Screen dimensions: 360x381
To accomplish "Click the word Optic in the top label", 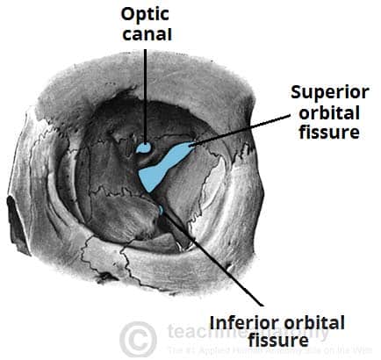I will click(x=147, y=16).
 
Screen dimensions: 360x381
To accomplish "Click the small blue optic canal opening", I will click(x=143, y=148).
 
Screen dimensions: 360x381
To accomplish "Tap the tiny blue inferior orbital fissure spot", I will click(x=161, y=210).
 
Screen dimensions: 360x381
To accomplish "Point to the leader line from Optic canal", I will click(x=145, y=97).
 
